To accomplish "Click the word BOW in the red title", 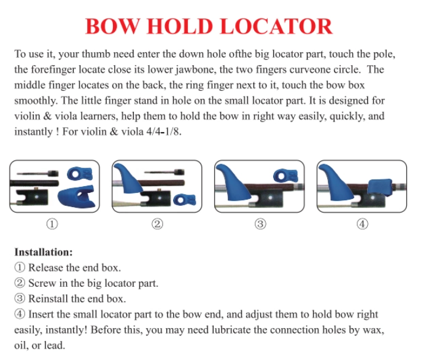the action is (112, 26).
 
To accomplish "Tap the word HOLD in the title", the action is (180, 26).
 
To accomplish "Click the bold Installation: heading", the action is (44, 252).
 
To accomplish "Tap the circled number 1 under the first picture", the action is (52, 224).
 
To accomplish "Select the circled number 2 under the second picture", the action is (157, 224).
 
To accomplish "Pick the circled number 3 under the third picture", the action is (260, 224).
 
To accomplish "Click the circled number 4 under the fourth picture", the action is (362, 224).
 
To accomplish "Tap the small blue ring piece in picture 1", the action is (80, 174).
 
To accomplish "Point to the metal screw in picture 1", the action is (37, 174).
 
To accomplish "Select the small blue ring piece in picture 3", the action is (285, 176).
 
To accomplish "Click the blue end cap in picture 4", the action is (380, 187).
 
